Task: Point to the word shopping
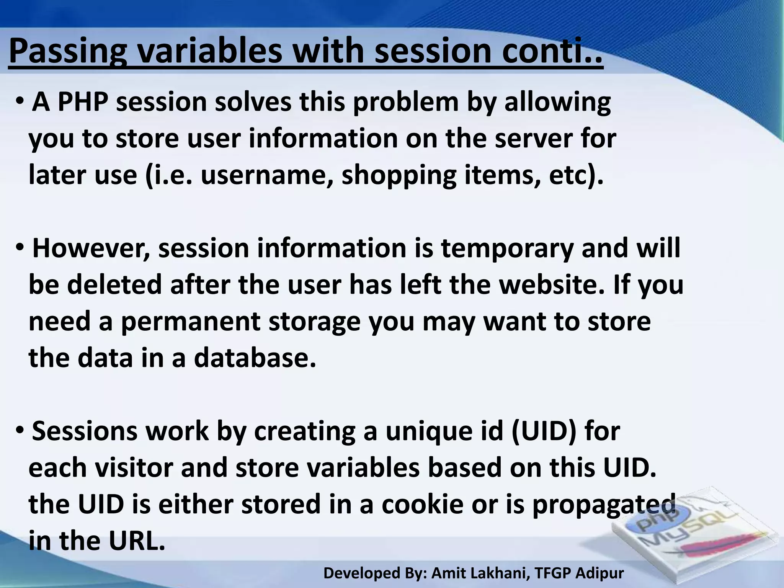(399, 176)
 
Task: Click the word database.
(255, 358)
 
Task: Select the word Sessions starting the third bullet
(84, 431)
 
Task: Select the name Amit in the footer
(446, 573)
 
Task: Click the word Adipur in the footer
(599, 573)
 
